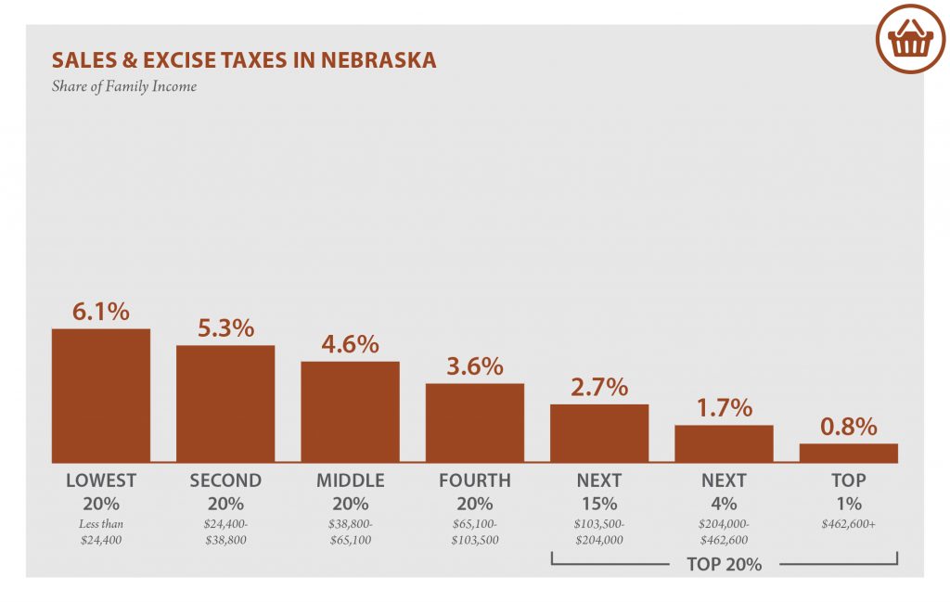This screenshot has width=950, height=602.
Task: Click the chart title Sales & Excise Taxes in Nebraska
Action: click(x=244, y=61)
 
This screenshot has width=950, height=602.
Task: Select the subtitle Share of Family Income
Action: click(x=124, y=87)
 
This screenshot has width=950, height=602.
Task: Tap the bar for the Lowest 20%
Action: click(x=100, y=395)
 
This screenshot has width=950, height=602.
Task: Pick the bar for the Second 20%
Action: click(x=225, y=403)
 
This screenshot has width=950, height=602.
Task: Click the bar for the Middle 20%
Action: click(x=350, y=411)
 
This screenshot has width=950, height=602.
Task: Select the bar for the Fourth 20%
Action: click(x=474, y=422)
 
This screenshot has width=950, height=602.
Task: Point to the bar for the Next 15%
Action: click(x=599, y=433)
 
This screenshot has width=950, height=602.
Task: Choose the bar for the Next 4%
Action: click(x=724, y=443)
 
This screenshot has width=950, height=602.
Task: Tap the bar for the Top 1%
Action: click(x=848, y=453)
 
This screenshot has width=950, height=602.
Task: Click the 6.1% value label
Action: click(x=100, y=312)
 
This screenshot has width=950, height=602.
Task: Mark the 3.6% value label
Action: click(x=474, y=366)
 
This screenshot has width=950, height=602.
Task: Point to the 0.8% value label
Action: click(x=848, y=427)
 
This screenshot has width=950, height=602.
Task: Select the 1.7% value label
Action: click(x=724, y=407)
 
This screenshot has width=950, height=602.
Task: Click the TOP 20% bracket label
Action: click(x=724, y=564)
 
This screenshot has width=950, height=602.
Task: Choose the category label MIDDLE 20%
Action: click(x=350, y=493)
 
